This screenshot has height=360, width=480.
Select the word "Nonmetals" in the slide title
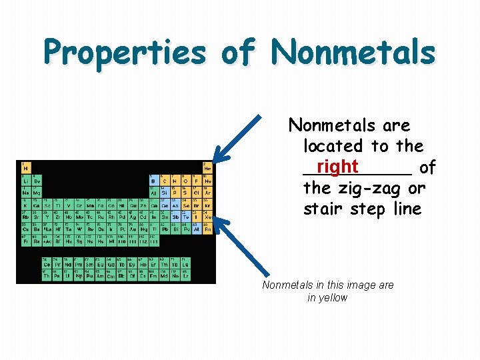click(353, 51)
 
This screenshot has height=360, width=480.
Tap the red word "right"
click(337, 166)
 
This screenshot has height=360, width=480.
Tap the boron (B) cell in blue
click(154, 179)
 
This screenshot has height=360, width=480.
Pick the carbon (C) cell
click(165, 179)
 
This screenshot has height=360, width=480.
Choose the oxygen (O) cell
click(186, 179)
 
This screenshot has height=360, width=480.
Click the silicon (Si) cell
click(165, 192)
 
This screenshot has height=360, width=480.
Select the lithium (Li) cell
click(25, 179)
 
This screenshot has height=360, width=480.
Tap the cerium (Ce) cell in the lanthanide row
click(47, 264)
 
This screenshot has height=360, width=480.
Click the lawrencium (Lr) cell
click(186, 274)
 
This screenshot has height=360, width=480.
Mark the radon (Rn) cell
click(207, 229)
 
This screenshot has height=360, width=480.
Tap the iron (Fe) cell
click(100, 204)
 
